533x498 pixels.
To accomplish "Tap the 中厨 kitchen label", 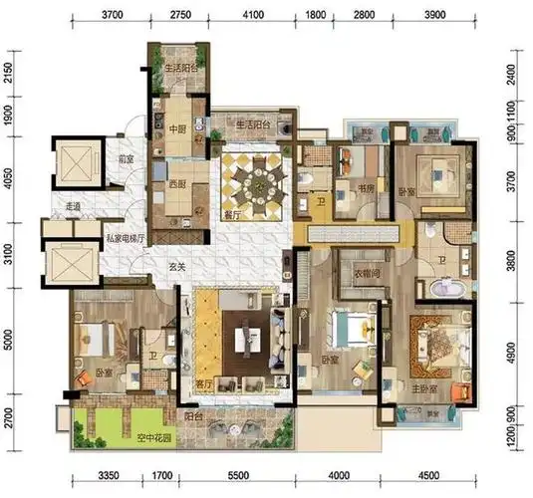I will [x=178, y=128].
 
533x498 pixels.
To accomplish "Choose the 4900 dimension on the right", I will [x=514, y=351].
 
